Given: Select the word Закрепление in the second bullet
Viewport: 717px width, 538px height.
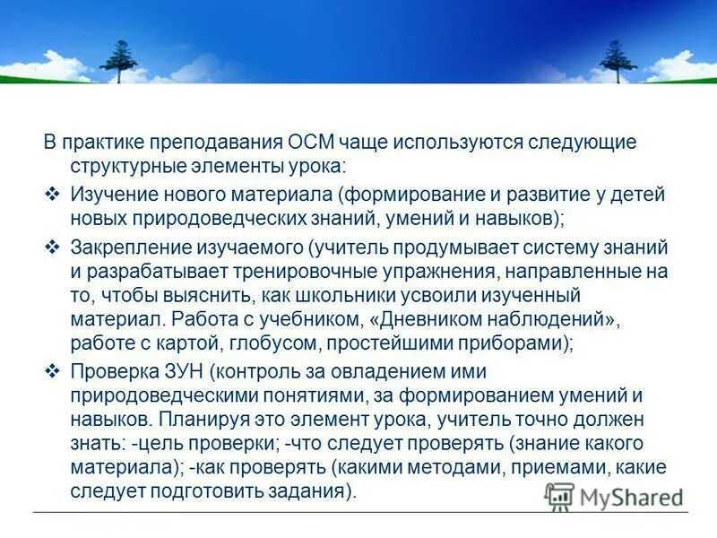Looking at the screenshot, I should (129, 247).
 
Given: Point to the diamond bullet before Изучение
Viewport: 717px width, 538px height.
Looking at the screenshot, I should (52, 195).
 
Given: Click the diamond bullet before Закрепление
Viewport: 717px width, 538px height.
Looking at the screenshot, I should (52, 247).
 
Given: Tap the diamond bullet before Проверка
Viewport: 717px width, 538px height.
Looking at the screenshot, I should (52, 370).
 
